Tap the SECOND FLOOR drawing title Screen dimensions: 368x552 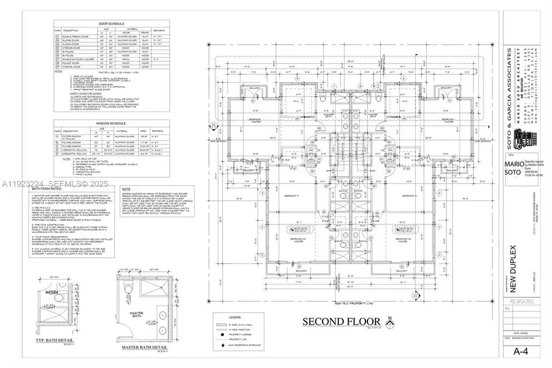334,322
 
